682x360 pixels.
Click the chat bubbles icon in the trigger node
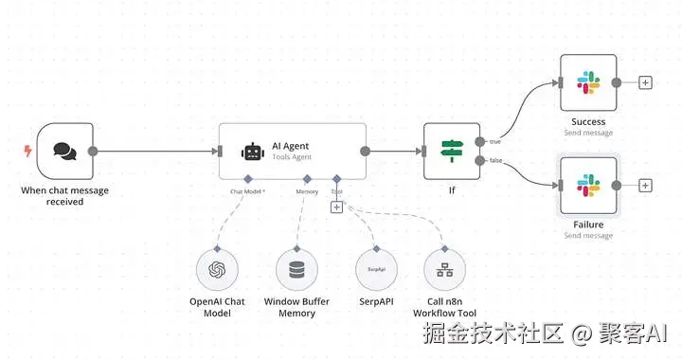coord(64,152)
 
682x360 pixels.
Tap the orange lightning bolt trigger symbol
coord(27,151)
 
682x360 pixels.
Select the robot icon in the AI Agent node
coord(253,152)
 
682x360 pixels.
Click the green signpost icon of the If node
coord(452,151)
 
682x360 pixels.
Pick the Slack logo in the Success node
coord(588,82)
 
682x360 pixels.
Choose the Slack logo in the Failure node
coord(588,186)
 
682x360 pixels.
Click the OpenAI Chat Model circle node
coord(217,270)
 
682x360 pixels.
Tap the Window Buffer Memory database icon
coord(296,270)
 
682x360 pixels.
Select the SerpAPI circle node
coord(376,270)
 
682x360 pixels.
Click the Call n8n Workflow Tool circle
coord(444,270)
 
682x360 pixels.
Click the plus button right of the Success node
coord(645,82)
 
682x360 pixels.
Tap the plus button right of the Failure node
coord(645,186)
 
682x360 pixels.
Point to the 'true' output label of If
coord(495,142)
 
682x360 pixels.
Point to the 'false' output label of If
coord(495,160)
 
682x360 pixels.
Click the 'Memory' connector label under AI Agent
coord(307,191)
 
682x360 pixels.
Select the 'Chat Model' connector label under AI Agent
coord(247,191)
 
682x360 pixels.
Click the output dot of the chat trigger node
coord(93,152)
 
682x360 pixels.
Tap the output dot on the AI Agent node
coord(366,152)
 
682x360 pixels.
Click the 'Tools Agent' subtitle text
coord(292,157)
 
